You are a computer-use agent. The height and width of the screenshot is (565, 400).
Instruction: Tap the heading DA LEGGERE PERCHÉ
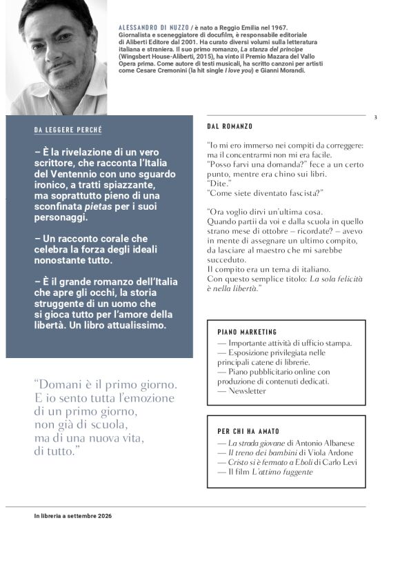click(68, 130)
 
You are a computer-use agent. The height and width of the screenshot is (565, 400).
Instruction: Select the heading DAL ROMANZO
click(230, 127)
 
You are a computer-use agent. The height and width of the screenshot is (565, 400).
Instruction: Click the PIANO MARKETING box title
click(247, 332)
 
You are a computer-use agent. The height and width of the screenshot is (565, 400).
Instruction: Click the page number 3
click(375, 117)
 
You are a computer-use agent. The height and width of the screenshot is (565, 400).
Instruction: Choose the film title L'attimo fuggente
click(283, 472)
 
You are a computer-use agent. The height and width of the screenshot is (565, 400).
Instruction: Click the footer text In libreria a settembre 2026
click(72, 516)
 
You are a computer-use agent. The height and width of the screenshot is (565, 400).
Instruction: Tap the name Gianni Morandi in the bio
click(286, 70)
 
